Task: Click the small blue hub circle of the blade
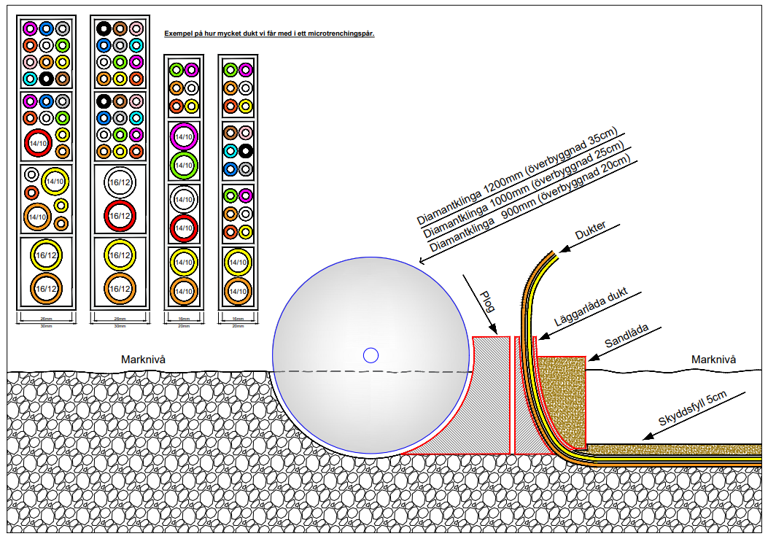coord(371,355)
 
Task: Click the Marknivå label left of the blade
coord(144,359)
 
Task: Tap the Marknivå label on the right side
coord(713,359)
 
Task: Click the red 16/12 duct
coord(119,215)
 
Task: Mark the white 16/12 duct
coord(119,183)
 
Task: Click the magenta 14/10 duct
coord(184,136)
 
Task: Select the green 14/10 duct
coord(184,165)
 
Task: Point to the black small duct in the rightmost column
coord(246,152)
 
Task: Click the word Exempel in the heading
coord(177,34)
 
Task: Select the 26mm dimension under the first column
coord(45,319)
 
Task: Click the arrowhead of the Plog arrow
coord(494,330)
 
